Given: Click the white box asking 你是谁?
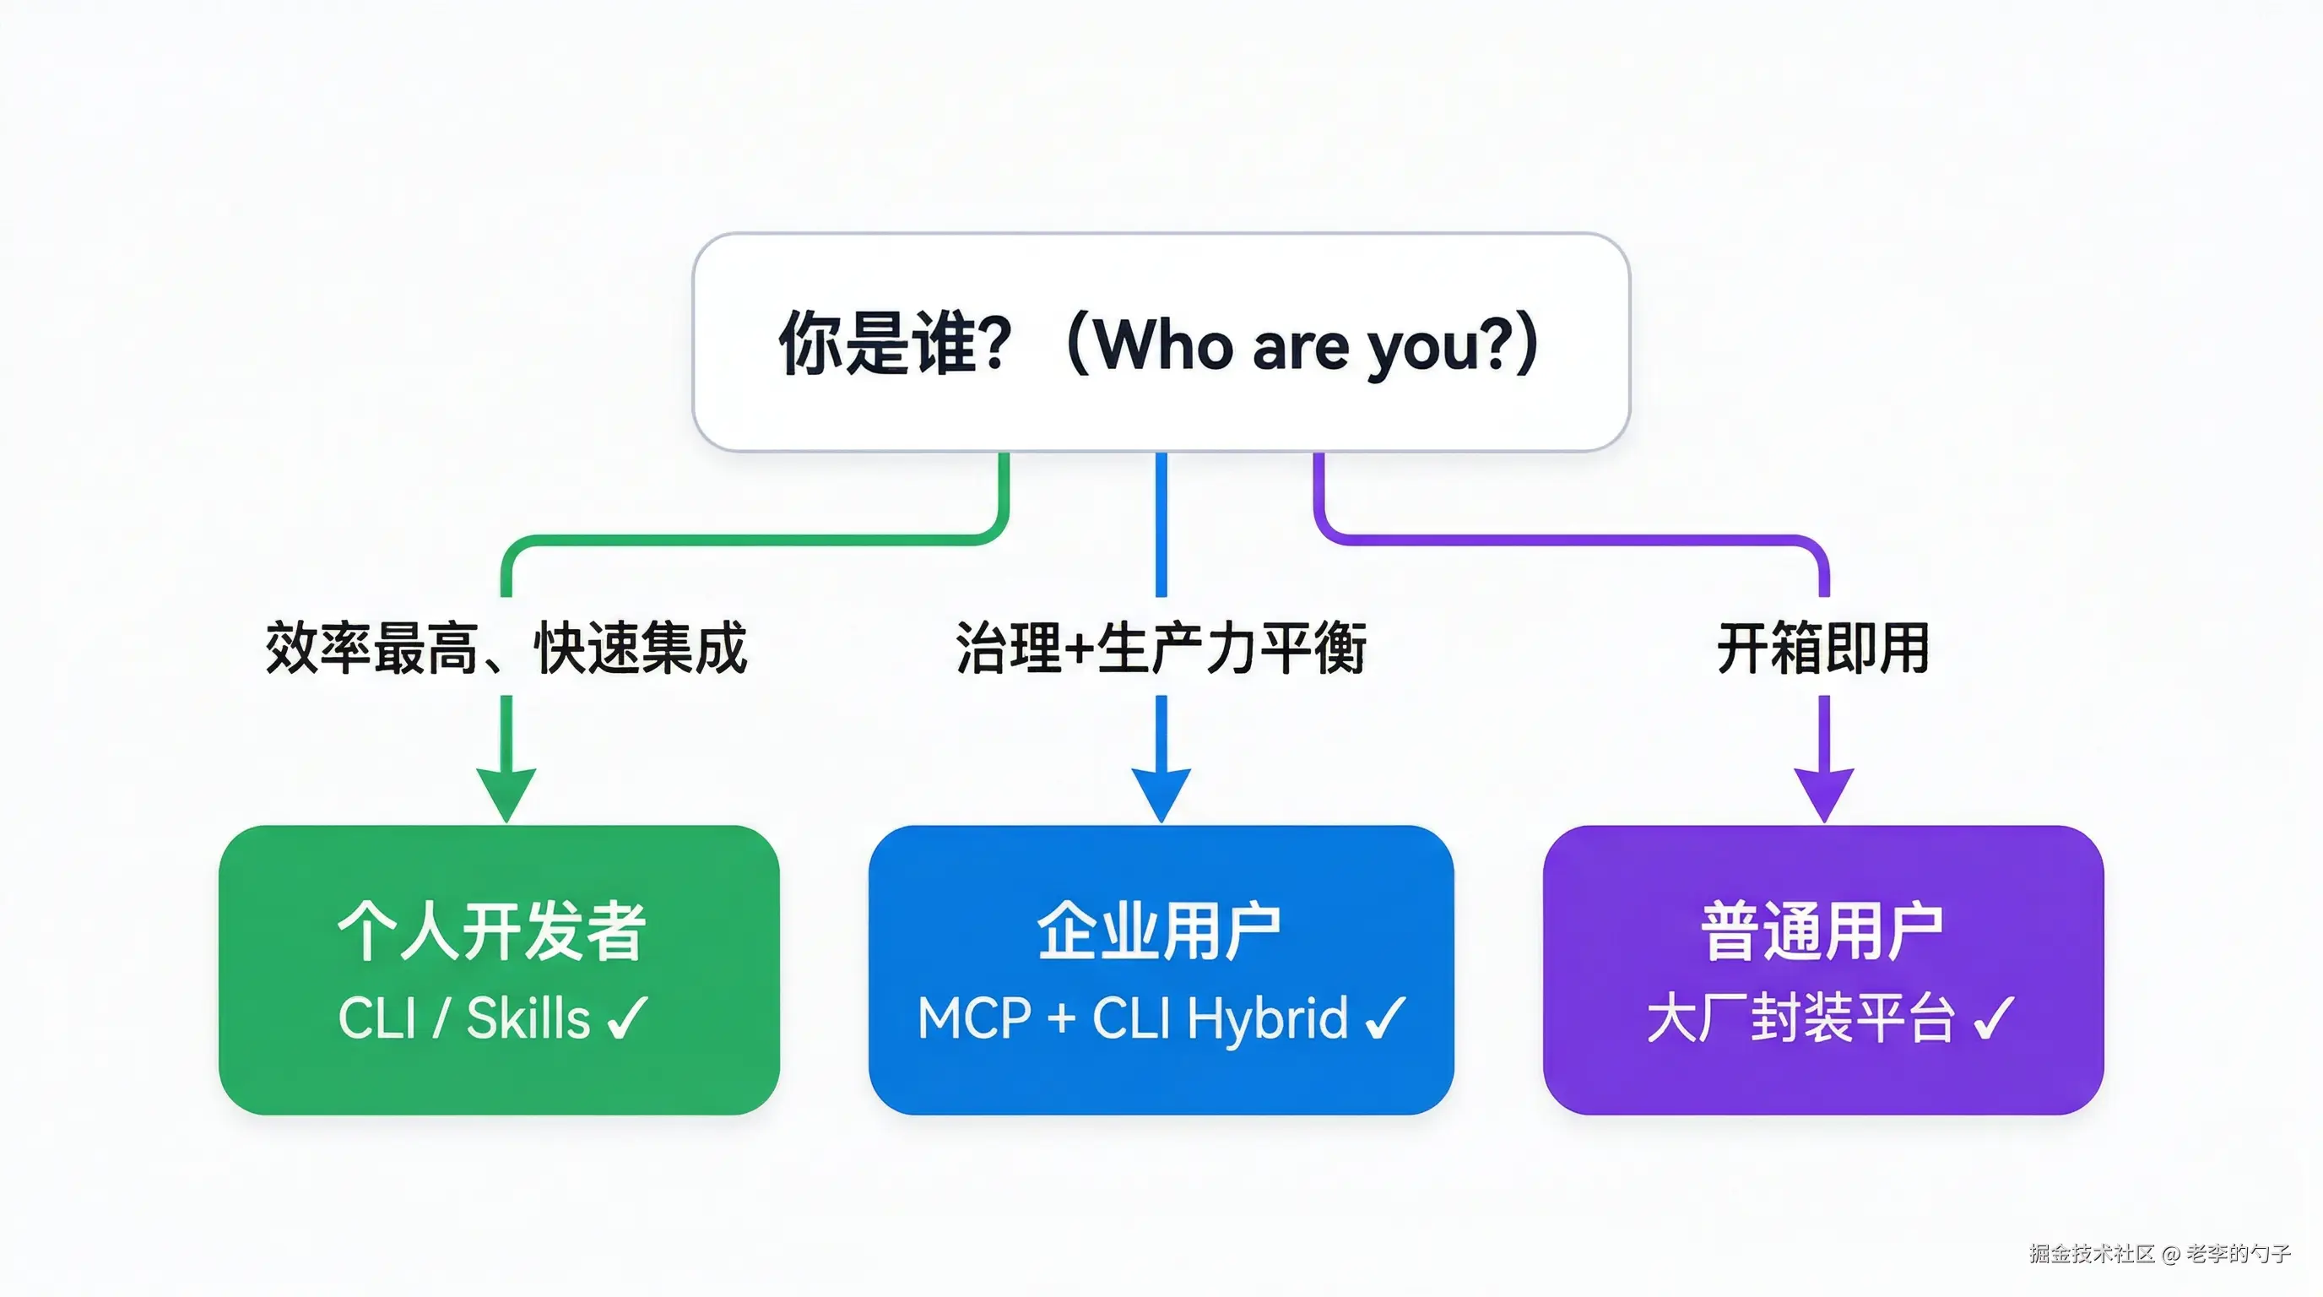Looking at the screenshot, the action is coord(1161,342).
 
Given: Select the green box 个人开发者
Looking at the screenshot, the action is coord(499,969).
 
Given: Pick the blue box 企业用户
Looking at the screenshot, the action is coord(1161,969).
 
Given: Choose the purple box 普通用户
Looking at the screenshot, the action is coord(1822,969).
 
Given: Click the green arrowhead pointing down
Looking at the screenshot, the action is coord(506,794).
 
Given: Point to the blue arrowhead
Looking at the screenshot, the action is coord(1161,794).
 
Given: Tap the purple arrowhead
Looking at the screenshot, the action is coord(1823,794).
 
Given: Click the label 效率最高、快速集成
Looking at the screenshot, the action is coord(506,648).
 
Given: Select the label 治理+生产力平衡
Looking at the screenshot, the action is coord(1161,648).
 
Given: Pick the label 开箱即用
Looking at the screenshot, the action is coord(1822,648).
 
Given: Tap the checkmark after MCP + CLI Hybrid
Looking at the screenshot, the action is coord(1385,1018).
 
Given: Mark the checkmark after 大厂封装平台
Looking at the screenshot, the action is coord(1993,1018).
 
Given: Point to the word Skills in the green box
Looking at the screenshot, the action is coord(528,1018).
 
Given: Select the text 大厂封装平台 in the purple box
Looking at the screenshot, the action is coord(1800,1018).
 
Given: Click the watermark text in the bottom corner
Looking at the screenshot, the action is coord(2160,1253).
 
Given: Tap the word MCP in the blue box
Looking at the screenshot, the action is coord(974,1018).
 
